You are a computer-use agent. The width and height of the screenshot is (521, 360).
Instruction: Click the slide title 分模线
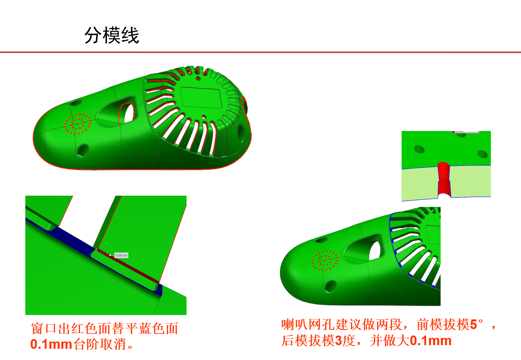112,35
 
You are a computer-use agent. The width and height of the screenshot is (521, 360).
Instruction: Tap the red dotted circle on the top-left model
77,124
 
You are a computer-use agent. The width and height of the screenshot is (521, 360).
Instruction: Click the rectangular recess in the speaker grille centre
201,98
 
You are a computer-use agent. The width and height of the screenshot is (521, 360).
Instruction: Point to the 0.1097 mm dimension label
121,255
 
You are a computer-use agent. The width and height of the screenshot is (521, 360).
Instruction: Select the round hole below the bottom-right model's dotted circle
330,286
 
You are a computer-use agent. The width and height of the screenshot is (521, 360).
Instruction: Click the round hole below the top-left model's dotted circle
83,150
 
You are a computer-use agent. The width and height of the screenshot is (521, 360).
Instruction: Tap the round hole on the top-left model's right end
242,131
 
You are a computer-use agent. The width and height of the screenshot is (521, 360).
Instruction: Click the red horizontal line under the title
260,52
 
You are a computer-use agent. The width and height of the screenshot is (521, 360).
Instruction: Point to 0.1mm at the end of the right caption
431,341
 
